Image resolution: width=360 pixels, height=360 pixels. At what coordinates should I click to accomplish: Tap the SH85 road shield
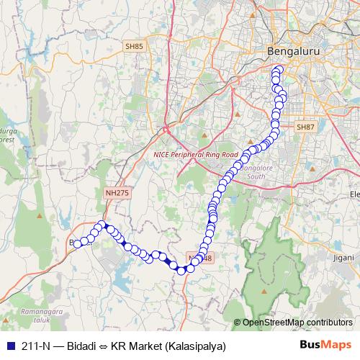pos(134,47)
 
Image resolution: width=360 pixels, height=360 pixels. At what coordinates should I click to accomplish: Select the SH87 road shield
pos(306,127)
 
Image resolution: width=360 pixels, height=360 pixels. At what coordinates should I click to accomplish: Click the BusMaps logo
pos(326,346)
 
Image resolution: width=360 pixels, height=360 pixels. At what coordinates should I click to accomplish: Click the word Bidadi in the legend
pos(81,346)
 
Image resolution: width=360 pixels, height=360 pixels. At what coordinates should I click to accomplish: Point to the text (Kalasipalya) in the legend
pos(195,346)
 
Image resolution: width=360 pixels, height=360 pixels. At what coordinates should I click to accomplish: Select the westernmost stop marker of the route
pos(77,243)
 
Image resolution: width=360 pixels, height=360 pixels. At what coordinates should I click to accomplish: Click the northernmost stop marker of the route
pos(277,71)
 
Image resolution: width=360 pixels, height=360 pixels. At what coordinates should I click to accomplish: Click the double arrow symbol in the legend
pos(104,346)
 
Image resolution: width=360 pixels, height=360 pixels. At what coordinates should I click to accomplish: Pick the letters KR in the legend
pos(119,346)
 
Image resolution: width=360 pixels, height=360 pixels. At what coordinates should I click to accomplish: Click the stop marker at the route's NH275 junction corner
pos(103,224)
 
